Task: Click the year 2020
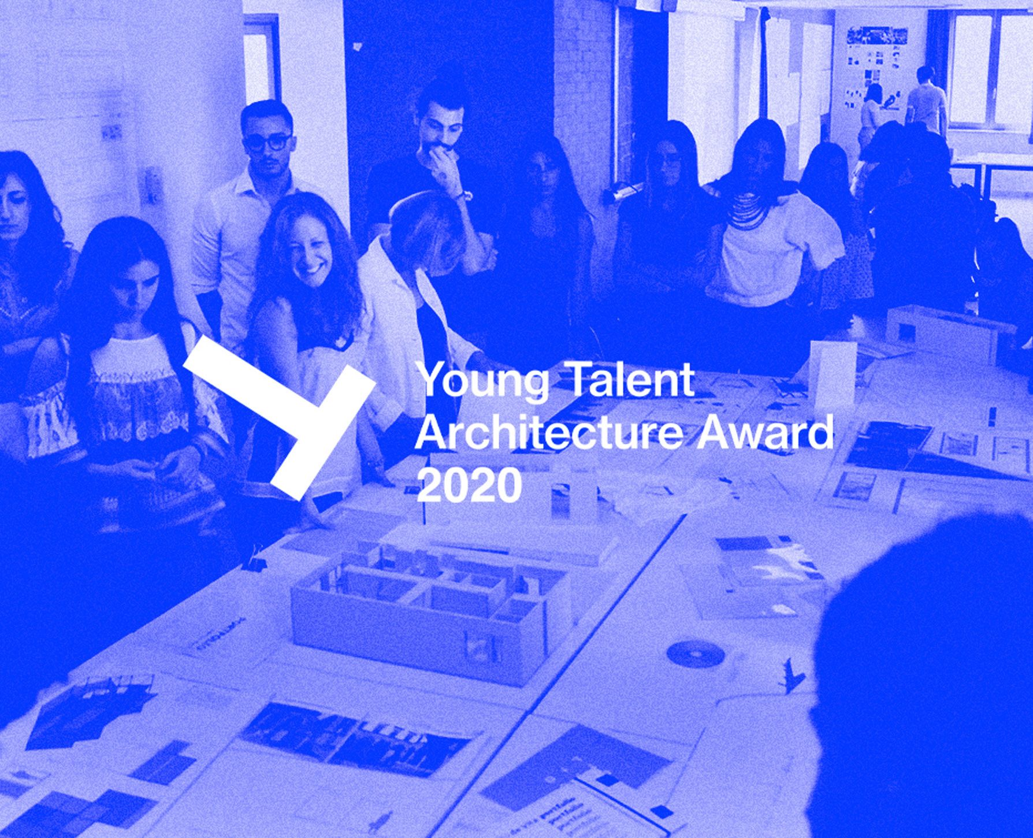click(469, 486)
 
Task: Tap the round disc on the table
click(696, 654)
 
